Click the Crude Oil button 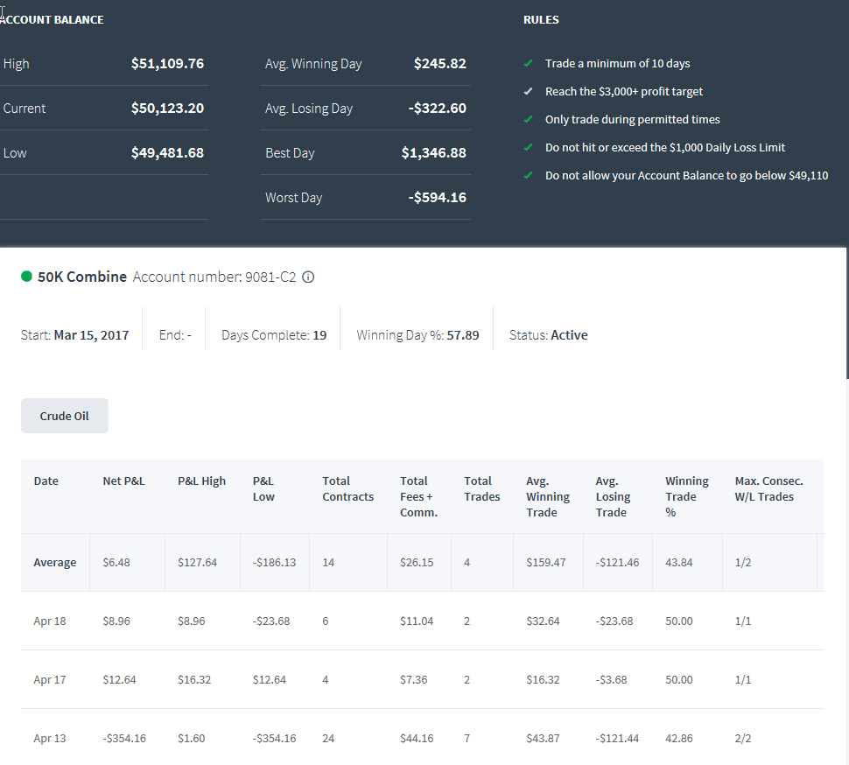pos(65,416)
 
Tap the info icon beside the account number pos(308,277)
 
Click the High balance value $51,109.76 pos(167,63)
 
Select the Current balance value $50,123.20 pos(167,109)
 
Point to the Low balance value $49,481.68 pos(167,152)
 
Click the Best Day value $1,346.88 pos(434,152)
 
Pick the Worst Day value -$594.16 pos(437,198)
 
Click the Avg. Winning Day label pos(313,64)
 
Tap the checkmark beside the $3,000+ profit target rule pos(529,92)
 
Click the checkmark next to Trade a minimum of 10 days pos(529,63)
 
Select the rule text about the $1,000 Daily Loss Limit pos(665,147)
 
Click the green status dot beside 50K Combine pos(26,277)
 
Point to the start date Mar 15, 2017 pos(92,335)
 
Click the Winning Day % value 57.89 pos(463,335)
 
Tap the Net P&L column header pos(124,481)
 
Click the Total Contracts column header pos(348,489)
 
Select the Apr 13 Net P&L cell pos(124,739)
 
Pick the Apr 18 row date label pos(50,621)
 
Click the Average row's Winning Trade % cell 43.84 pos(679,563)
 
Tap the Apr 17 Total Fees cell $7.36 pos(414,679)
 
